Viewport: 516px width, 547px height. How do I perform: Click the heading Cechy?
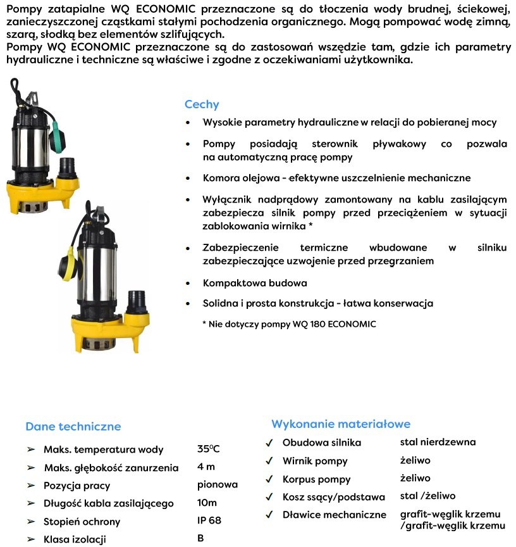(202, 104)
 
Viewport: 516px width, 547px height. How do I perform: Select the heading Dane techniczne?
(73, 427)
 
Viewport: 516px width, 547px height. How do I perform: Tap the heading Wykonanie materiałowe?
(341, 424)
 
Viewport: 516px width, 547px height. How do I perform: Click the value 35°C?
(209, 450)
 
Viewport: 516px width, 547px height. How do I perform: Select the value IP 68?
(209, 520)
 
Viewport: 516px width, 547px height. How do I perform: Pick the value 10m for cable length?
(207, 503)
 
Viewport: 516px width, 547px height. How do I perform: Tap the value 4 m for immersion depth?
(206, 467)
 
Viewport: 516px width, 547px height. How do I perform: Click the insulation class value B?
(201, 539)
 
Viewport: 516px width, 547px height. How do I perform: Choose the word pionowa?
(218, 485)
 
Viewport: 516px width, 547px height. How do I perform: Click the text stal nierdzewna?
(438, 442)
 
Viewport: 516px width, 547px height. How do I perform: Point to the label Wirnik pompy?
(315, 461)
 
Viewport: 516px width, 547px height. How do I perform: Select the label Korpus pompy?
(316, 479)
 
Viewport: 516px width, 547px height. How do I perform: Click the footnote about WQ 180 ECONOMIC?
(289, 324)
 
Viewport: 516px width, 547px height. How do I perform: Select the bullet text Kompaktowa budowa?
(255, 283)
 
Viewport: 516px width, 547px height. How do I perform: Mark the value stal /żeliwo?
(427, 496)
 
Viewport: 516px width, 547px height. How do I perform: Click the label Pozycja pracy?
(77, 486)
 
